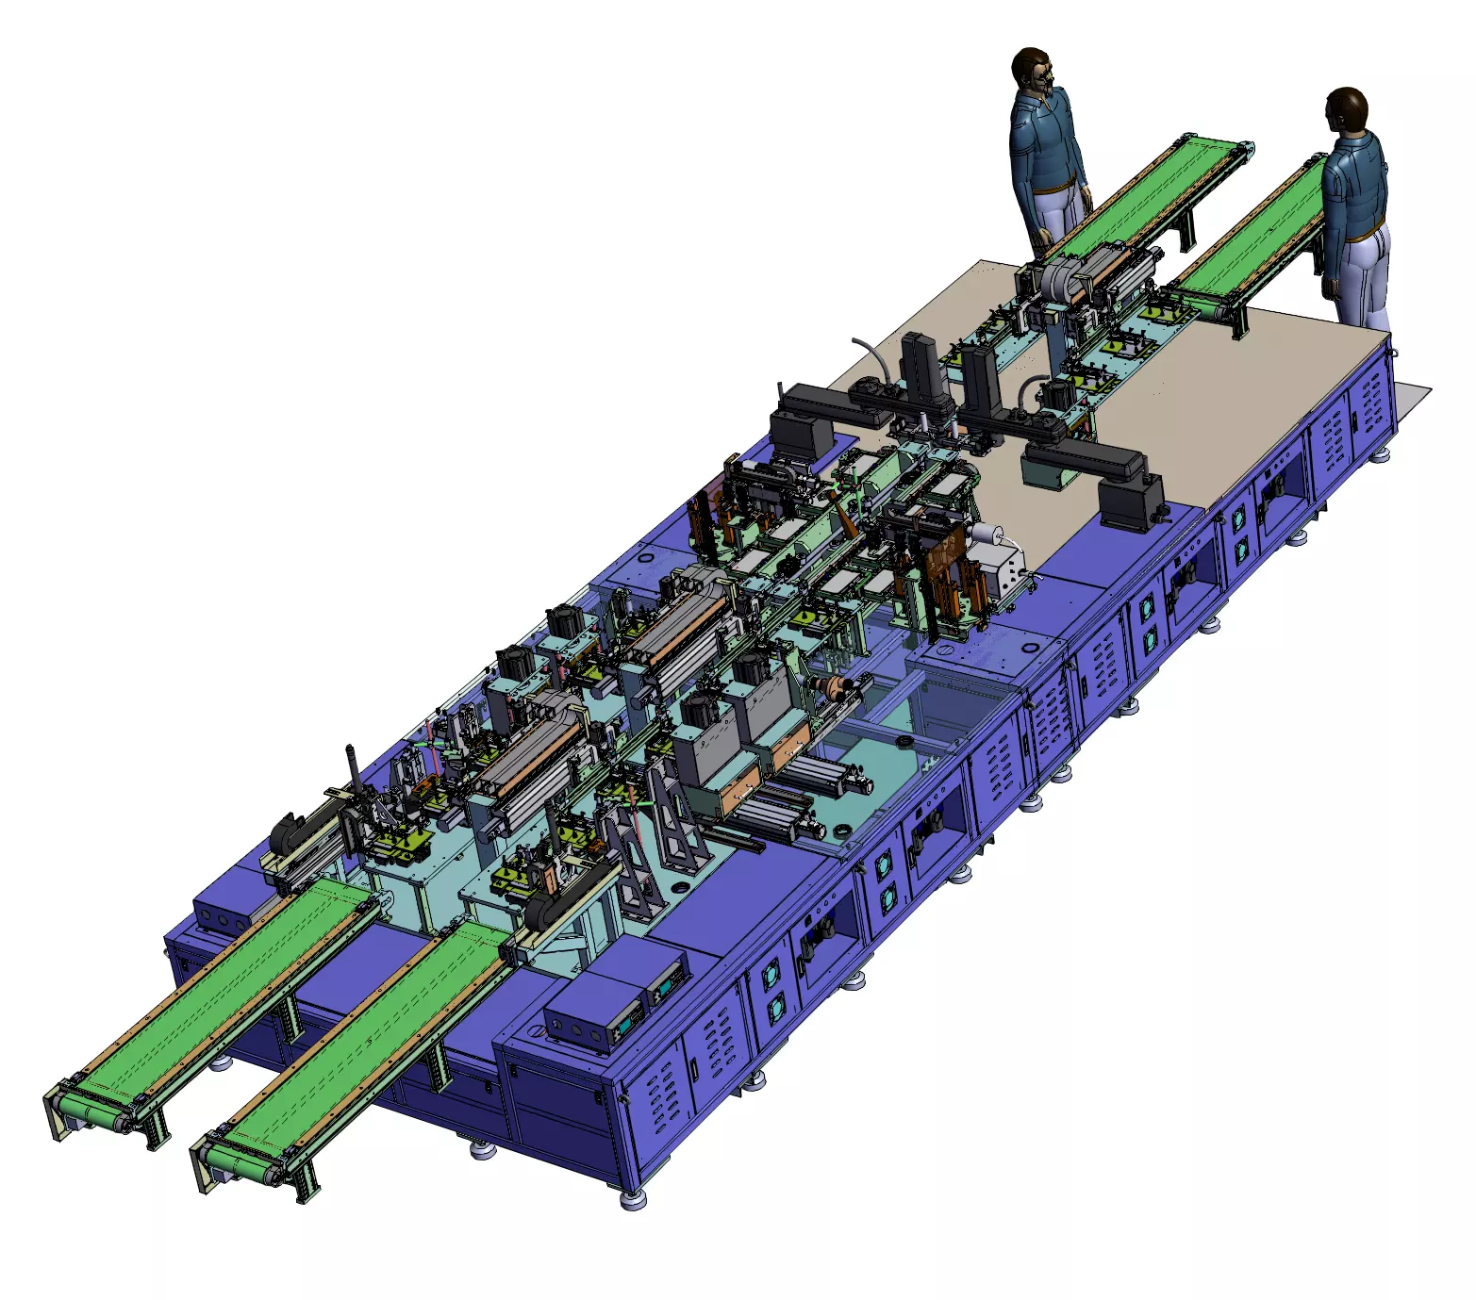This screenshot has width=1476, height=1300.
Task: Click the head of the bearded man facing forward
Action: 1032,70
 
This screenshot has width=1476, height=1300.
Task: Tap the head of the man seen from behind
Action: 1347,109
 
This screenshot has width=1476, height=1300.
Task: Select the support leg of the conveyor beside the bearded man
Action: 1185,231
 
